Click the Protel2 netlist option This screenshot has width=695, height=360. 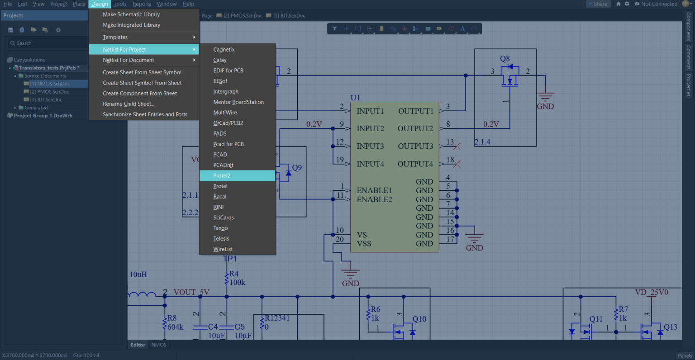point(222,175)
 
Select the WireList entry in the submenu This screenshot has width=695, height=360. point(223,249)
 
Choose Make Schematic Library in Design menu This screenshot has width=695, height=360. point(131,14)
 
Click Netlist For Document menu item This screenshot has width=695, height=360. point(129,60)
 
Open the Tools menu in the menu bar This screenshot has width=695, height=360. point(120,4)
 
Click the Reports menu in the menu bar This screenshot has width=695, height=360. point(142,4)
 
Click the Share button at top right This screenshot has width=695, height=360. point(598,4)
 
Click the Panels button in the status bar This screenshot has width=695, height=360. point(685,356)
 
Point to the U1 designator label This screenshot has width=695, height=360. point(355,98)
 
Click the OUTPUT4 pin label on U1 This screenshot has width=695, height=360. point(415,164)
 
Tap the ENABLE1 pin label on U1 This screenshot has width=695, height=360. point(374,190)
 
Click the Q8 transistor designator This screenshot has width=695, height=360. point(505,59)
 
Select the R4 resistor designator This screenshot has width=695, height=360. point(234,274)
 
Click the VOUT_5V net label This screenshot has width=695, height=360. point(191,292)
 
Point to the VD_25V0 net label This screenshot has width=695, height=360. point(652,292)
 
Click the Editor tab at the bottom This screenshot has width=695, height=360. point(138,345)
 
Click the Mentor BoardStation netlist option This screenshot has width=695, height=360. point(238,102)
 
